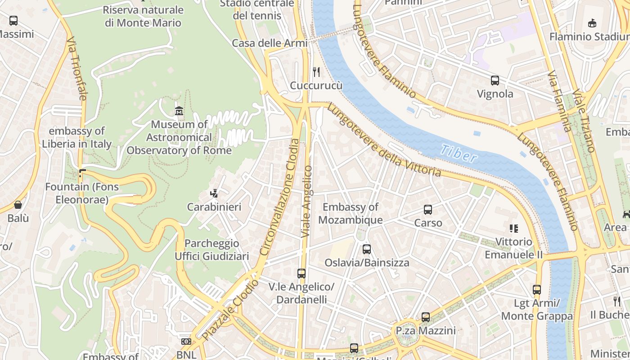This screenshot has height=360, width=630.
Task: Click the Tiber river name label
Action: pos(458,153)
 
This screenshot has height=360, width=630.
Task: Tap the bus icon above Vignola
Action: pos(495,81)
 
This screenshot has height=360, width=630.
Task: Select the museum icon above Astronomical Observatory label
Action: pos(179,110)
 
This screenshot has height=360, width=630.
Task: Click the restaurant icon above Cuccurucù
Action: pos(316,72)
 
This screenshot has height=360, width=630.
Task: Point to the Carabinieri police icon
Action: pos(214,193)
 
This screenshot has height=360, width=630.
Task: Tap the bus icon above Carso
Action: pos(428,210)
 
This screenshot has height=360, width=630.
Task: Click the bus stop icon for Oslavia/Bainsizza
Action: pos(367,249)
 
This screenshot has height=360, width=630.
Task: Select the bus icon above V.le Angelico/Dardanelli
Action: pos(301,273)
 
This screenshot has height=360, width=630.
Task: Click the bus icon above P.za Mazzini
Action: pos(426,317)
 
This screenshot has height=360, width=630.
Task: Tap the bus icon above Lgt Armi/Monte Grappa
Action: pos(537,290)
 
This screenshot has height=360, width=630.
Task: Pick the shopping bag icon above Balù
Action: pos(18,205)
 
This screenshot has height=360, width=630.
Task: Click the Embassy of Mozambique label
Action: pos(351,213)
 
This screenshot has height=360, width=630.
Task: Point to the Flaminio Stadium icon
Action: pos(592,23)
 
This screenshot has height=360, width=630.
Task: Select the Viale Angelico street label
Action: pos(307,202)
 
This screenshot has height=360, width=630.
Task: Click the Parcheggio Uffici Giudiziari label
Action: pos(211,250)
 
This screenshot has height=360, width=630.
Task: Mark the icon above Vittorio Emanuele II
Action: pos(513,229)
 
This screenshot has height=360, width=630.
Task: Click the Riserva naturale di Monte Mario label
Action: pos(143,16)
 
